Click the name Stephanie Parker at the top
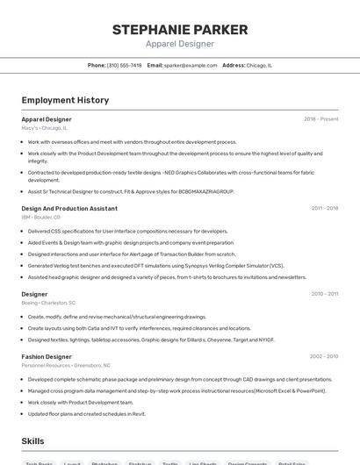point(180,30)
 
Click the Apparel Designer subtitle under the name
point(180,44)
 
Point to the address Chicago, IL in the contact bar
point(259,65)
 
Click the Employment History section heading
point(65,100)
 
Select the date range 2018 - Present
point(320,118)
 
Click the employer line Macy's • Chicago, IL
point(44,127)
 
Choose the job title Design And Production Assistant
point(69,209)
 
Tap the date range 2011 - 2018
point(324,209)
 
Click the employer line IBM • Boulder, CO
point(40,217)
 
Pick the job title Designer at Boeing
point(34,294)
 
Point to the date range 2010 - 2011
point(324,294)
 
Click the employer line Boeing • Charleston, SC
point(48,302)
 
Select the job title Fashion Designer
point(47,357)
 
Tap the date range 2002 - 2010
point(324,357)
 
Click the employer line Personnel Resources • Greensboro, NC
point(66,365)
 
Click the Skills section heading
point(32,440)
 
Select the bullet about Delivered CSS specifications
point(127,231)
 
